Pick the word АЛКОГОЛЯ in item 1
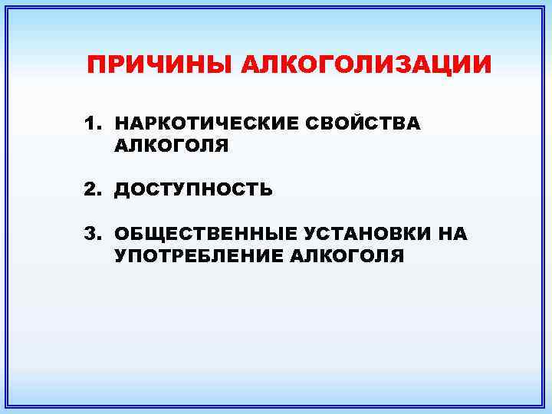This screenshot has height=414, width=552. pos(172,145)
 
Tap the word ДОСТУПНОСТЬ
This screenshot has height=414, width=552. pos(193,190)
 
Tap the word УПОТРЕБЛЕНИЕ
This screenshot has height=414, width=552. pos(199,256)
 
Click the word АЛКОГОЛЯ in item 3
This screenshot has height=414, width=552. pos(347,256)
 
